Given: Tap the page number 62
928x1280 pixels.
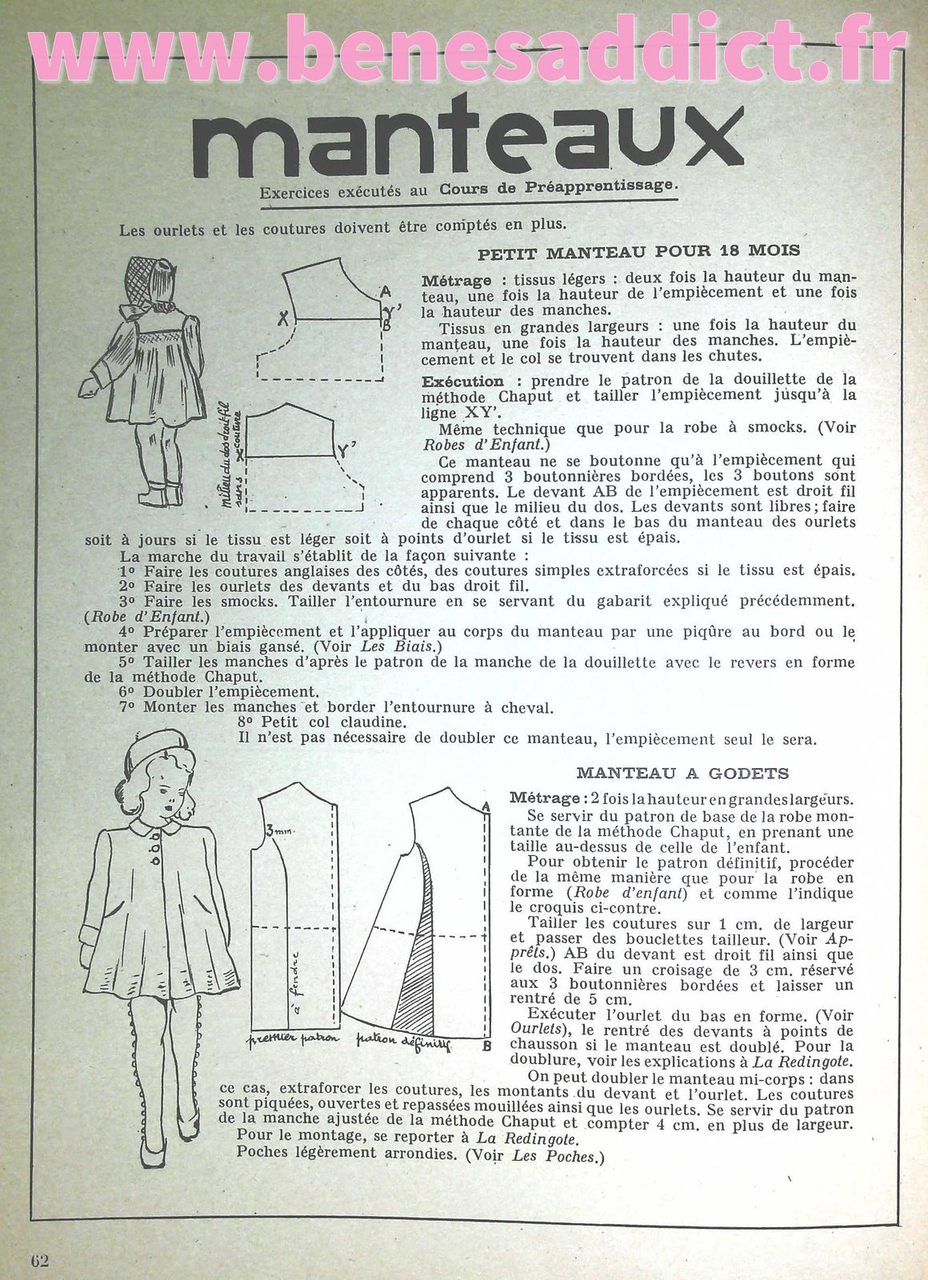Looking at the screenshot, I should click(40, 1260).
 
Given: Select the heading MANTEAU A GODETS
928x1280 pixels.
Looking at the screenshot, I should click(682, 773).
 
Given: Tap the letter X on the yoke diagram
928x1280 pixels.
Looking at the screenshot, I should click(282, 318).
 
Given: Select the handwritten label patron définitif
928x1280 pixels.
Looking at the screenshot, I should click(403, 1042).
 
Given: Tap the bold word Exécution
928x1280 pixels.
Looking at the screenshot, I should click(462, 382).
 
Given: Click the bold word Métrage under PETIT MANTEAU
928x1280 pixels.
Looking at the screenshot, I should click(456, 281).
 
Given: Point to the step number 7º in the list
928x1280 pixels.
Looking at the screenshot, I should click(128, 707).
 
